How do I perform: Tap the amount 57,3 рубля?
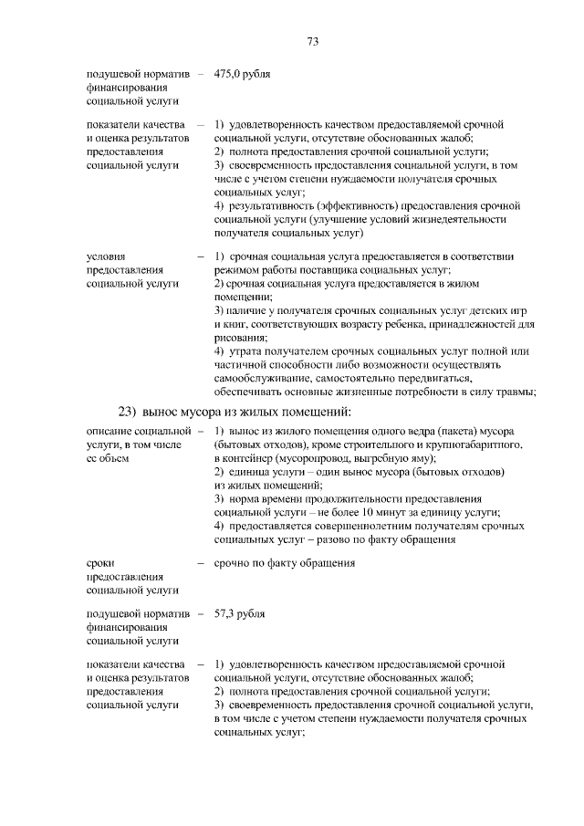pyautogui.click(x=239, y=614)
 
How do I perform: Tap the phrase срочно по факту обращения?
pyautogui.click(x=284, y=563)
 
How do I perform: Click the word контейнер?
pyautogui.click(x=249, y=457)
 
